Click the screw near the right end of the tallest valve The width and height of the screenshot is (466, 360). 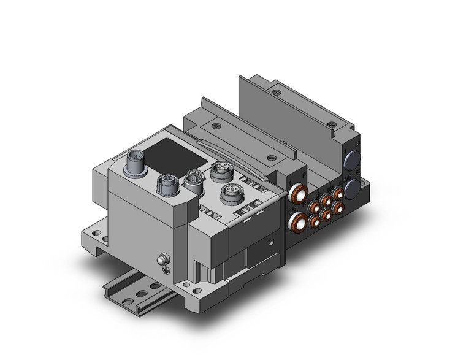pos(332,125)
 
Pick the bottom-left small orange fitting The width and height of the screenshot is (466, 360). pos(315,221)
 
